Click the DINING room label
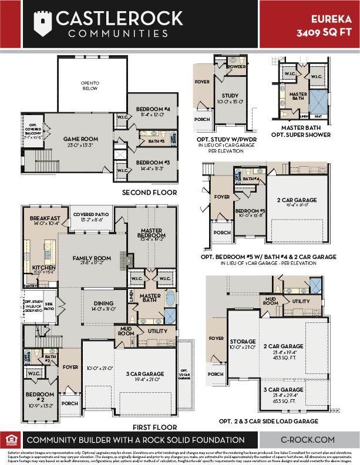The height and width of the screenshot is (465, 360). coord(107,304)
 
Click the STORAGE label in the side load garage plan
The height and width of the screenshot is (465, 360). coord(243,341)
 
